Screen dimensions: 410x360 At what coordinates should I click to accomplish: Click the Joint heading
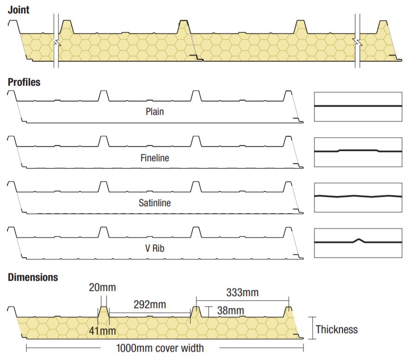pos(18,10)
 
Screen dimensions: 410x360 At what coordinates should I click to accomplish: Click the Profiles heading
pos(24,82)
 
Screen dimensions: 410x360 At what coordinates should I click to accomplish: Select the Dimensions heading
pos(33,277)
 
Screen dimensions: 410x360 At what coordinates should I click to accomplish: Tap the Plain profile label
pos(155,112)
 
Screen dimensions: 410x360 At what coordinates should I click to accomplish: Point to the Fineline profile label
pos(155,158)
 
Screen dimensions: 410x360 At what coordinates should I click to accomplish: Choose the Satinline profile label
pos(155,203)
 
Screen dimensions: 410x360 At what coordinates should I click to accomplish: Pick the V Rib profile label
pos(155,248)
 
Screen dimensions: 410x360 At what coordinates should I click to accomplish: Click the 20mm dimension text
pos(102,287)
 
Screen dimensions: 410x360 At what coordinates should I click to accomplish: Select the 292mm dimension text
pos(150,304)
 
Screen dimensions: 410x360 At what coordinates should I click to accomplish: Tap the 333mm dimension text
pos(243,293)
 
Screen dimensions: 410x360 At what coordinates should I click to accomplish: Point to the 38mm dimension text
pos(231,310)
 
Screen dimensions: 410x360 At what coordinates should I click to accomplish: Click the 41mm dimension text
pos(102,331)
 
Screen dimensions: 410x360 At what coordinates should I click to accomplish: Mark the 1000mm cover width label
pos(160,348)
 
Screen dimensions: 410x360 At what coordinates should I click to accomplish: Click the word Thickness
pos(337,329)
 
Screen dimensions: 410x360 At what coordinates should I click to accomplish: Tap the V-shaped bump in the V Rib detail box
pos(359,240)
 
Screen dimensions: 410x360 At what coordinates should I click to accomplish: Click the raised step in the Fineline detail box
pos(358,150)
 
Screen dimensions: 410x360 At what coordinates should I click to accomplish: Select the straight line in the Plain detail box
pos(358,106)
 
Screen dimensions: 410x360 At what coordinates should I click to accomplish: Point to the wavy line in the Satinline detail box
pos(358,196)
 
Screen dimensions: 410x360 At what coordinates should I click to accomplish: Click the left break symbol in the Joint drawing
pos(57,43)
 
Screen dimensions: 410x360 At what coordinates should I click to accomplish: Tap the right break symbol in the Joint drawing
pos(358,42)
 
